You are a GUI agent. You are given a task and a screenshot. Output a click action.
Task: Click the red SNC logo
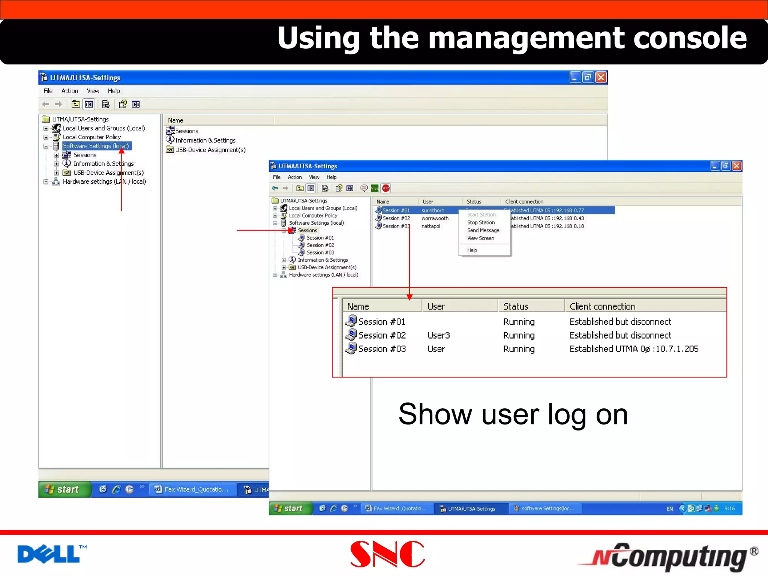pos(387,554)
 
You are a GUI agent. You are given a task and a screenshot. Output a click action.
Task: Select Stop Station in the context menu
pos(481,222)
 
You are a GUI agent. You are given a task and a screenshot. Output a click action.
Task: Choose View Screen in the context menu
pos(480,238)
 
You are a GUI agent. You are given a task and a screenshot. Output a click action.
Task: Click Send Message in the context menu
pos(483,230)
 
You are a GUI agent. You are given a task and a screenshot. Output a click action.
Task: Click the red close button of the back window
pos(601,77)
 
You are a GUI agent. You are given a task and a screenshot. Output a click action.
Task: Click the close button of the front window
pos(736,166)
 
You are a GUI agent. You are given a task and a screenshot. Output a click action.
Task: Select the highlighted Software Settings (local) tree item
pos(96,146)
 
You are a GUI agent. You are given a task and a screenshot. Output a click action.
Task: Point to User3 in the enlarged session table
pos(438,335)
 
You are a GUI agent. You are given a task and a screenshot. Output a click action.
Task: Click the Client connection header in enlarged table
pos(602,306)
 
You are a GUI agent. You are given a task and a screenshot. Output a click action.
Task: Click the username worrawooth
pos(435,218)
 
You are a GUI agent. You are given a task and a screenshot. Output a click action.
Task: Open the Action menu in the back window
pos(69,91)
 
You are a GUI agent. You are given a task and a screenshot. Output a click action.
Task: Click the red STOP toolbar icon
pos(385,188)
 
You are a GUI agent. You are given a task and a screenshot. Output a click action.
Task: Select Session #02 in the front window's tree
pos(320,245)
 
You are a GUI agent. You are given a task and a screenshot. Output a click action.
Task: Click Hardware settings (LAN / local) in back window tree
pos(104,181)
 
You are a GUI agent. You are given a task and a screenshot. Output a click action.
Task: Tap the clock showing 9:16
pos(729,508)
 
